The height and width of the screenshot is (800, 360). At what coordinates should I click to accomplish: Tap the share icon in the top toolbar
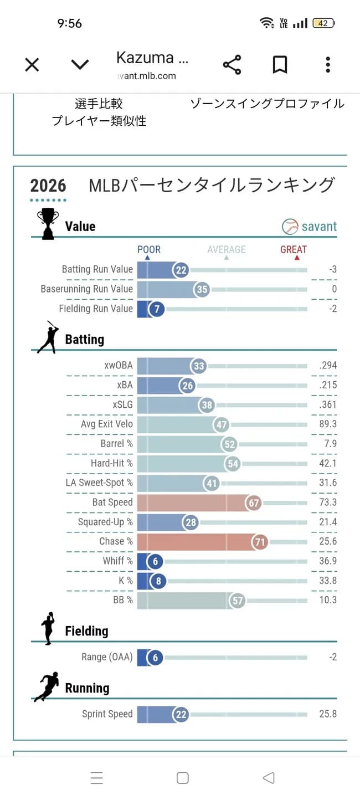pos(232,65)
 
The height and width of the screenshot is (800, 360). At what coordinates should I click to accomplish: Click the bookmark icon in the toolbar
pos(280,65)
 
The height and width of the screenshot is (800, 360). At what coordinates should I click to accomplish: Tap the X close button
pos(32,65)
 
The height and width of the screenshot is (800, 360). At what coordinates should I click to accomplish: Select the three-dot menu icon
pos(328,65)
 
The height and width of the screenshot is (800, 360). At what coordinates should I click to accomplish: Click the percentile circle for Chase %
pos(260,542)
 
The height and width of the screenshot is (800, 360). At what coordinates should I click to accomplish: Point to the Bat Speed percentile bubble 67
pos(254,502)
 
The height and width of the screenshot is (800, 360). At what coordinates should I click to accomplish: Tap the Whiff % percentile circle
pos(155,561)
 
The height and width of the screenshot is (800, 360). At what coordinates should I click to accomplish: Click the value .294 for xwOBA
pos(328,366)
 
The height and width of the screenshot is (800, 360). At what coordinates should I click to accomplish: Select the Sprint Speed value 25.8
pos(328,714)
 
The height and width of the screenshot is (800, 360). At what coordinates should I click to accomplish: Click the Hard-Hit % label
pos(112,463)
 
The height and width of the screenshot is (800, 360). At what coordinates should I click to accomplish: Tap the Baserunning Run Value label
pos(87,289)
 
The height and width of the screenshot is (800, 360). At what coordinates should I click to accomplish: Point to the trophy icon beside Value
pos(48,224)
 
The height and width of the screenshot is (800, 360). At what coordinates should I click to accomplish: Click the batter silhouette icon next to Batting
pos(48,337)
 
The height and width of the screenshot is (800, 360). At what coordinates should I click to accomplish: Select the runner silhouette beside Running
pos(47,688)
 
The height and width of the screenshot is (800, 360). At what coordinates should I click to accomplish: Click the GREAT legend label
pos(294,250)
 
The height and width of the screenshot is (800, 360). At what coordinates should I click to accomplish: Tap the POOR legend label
pos(149,250)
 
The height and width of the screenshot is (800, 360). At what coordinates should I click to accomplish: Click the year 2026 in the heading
pos(48,186)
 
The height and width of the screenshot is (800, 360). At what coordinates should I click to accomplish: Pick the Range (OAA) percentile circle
pos(155,658)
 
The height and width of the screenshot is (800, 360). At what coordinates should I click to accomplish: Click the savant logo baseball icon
pos(290,227)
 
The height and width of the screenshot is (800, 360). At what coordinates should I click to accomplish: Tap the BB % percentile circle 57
pos(237,601)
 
